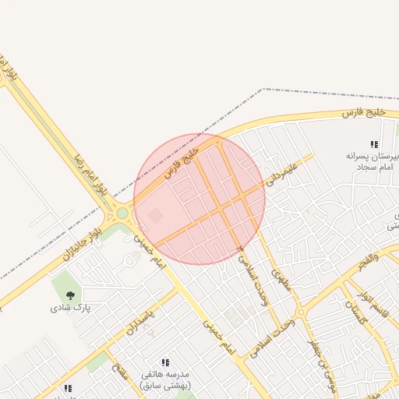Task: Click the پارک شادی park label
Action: (72, 307)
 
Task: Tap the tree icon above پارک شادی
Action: (71, 295)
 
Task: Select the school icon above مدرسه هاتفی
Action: (164, 363)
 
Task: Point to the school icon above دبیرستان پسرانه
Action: (374, 144)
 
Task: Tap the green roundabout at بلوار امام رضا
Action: (122, 212)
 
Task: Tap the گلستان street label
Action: (354, 313)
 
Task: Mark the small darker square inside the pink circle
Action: (156, 215)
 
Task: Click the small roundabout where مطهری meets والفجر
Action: (301, 312)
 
